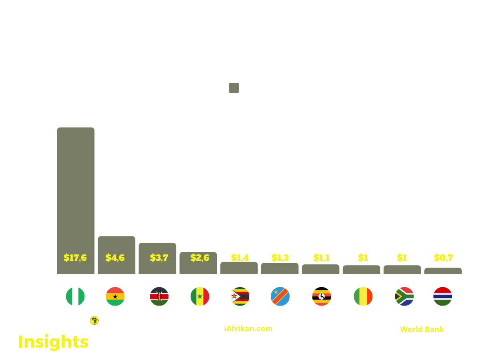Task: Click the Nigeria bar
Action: click(x=76, y=200)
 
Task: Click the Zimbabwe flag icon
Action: click(x=240, y=296)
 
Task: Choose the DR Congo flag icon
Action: click(x=280, y=296)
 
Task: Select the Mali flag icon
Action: click(x=363, y=296)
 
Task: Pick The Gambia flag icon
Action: click(x=443, y=296)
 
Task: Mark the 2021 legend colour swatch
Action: click(x=234, y=88)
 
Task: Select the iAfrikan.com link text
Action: click(x=248, y=328)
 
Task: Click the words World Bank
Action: click(x=422, y=329)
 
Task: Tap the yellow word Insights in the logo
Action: click(x=54, y=342)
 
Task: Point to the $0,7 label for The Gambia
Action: click(x=443, y=258)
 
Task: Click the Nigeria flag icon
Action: click(x=75, y=296)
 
